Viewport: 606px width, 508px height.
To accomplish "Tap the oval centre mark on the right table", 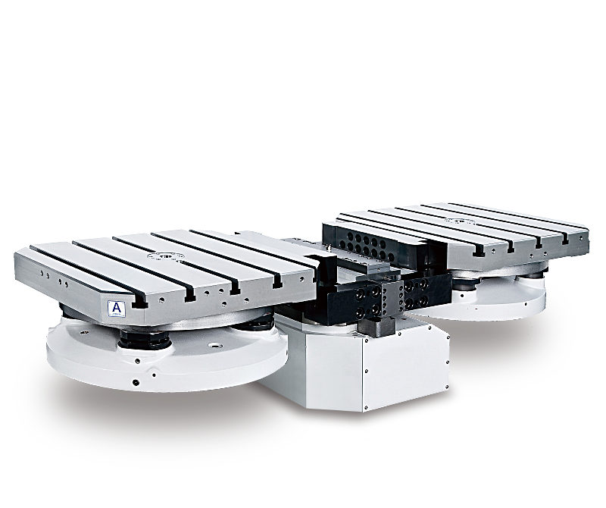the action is point(459,221).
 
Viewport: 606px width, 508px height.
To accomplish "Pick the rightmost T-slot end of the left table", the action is point(276,285).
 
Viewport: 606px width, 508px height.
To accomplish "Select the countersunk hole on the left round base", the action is point(214,345).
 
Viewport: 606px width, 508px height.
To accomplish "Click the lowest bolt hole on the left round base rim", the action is point(136,383).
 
